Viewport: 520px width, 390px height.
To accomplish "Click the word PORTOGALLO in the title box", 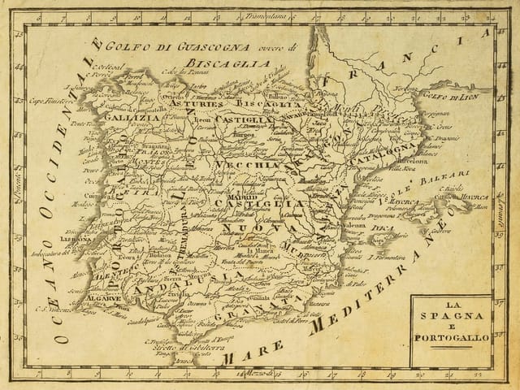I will click(450, 336).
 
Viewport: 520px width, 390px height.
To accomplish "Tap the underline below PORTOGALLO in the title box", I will click(450, 346).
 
